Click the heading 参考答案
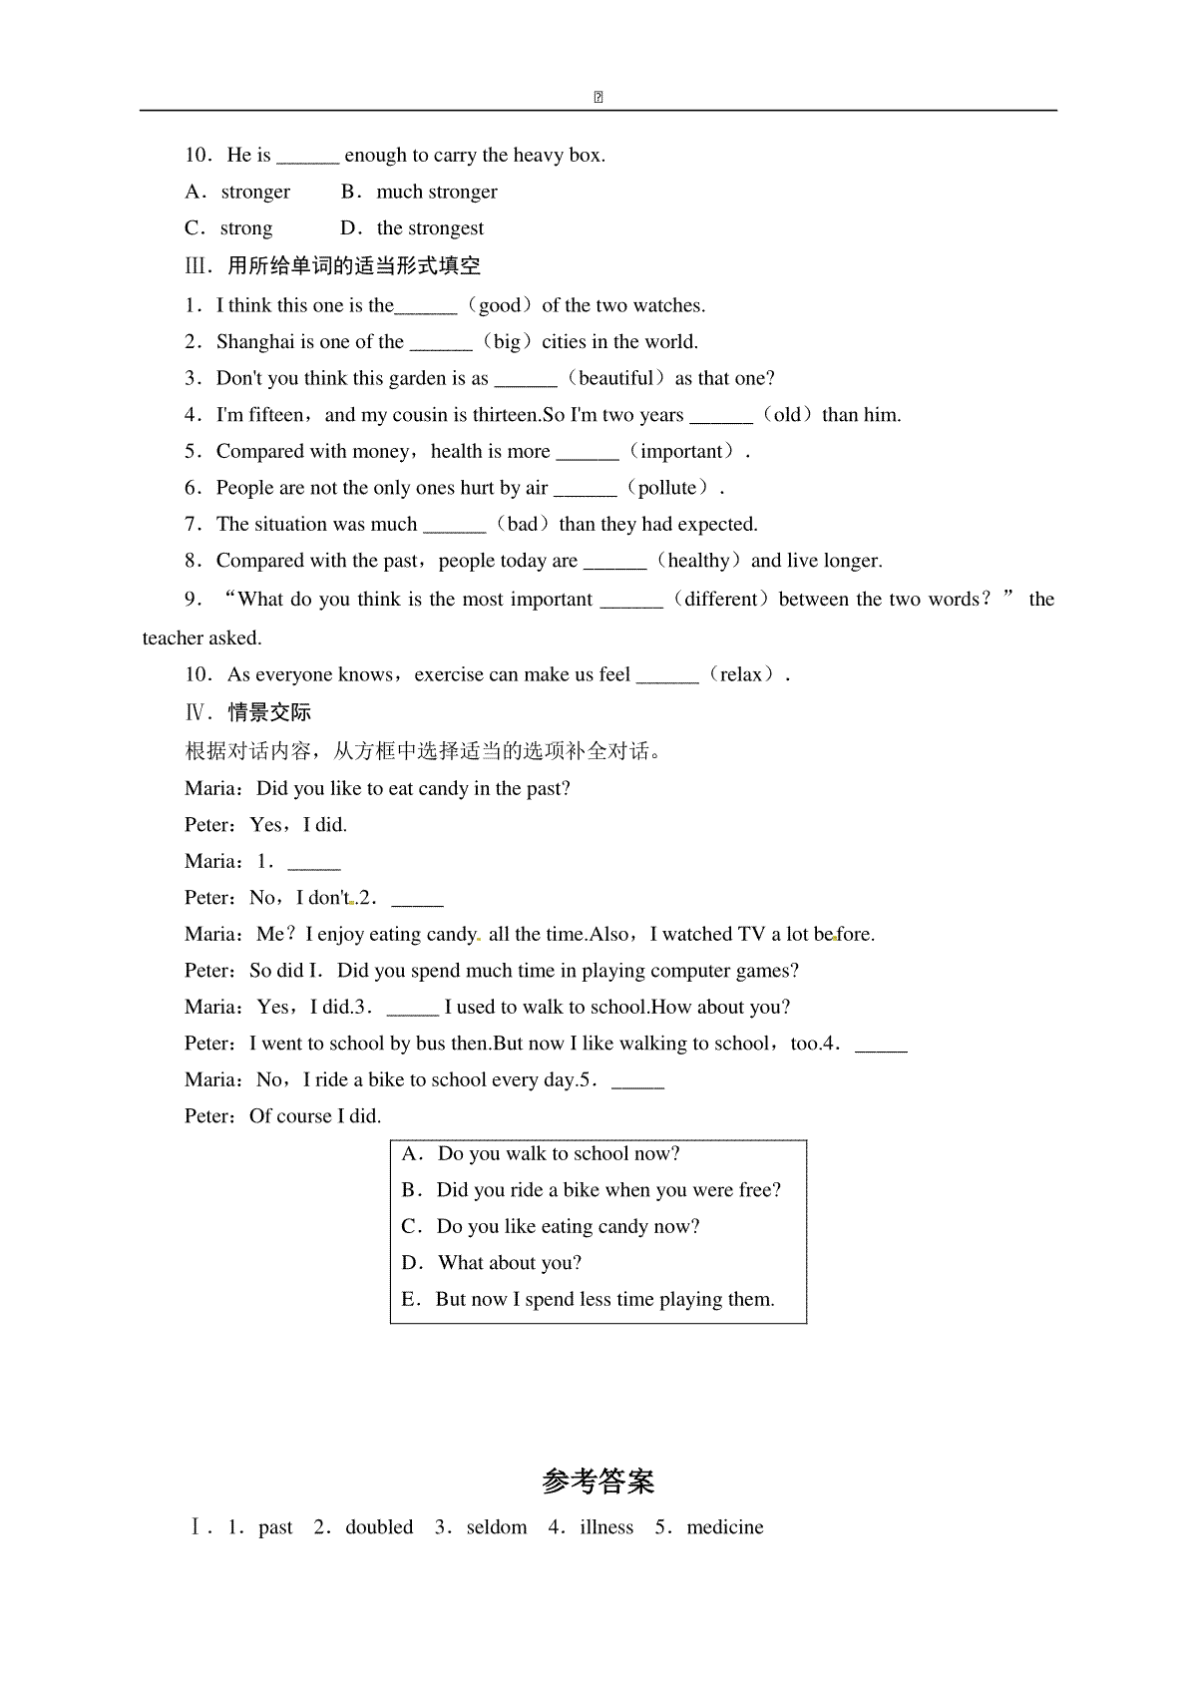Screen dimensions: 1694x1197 pyautogui.click(x=598, y=1482)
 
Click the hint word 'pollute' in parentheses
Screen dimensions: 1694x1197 pyautogui.click(x=666, y=488)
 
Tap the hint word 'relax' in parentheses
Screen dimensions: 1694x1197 pyautogui.click(x=741, y=675)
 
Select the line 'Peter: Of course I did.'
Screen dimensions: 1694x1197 pyautogui.click(x=283, y=1116)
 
